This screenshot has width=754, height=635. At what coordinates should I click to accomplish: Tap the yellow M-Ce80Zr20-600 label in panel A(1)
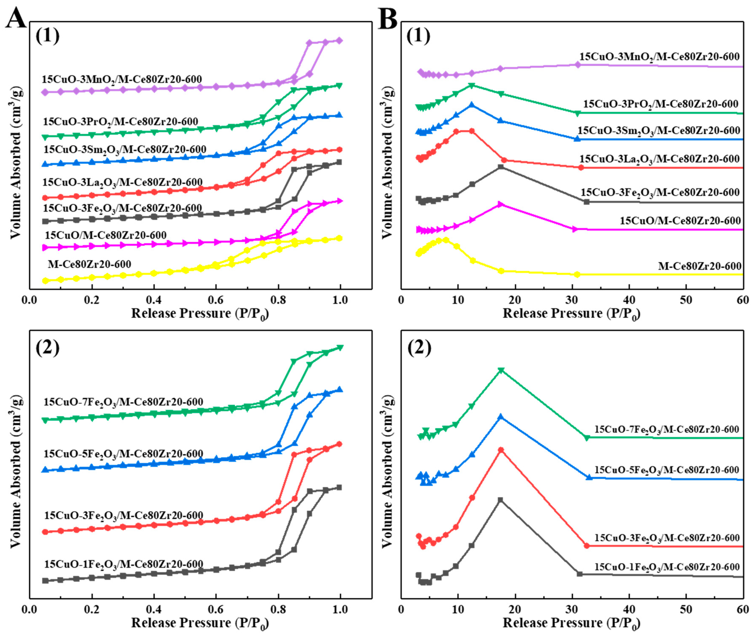point(89,264)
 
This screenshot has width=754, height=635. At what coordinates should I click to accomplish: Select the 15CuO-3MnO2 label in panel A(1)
point(122,79)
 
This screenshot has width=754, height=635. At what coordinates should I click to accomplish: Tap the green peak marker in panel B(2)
point(501,370)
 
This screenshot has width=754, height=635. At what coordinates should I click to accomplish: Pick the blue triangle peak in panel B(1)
point(472,105)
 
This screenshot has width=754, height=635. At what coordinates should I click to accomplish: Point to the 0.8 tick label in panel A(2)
point(278,609)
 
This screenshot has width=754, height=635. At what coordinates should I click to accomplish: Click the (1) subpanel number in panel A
point(47,36)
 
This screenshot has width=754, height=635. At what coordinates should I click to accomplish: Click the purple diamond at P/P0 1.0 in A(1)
point(339,41)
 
